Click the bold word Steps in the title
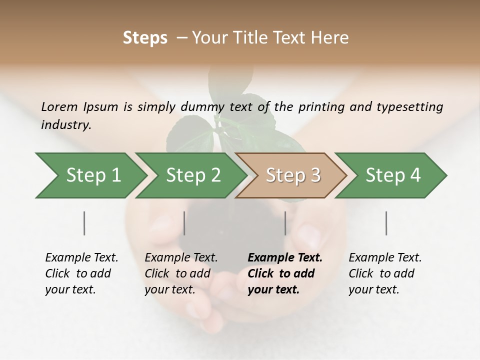tap(145, 38)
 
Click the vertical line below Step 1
tap(84, 223)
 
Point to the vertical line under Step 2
tap(184, 223)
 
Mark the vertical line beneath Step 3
tap(285, 223)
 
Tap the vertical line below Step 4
tap(386, 223)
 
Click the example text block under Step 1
tap(81, 273)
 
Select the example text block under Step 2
tap(181, 273)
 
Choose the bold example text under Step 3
tap(285, 273)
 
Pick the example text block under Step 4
tap(385, 273)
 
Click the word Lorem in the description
tap(59, 106)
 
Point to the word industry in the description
tap(66, 125)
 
